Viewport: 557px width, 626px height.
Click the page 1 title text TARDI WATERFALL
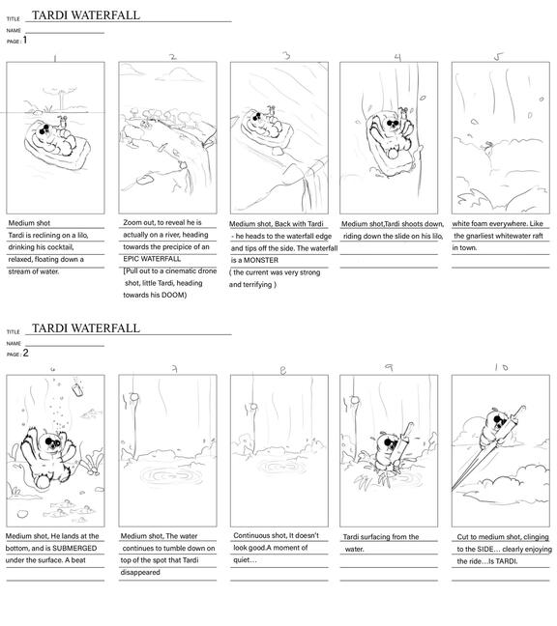(x=86, y=15)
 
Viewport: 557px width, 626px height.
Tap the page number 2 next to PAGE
(x=25, y=353)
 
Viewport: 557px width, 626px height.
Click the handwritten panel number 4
(x=397, y=57)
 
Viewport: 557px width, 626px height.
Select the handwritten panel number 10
(x=501, y=367)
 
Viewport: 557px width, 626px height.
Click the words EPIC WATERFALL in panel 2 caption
(x=152, y=259)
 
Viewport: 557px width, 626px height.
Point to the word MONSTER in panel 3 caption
(x=261, y=260)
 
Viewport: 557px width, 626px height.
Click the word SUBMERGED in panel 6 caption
(x=74, y=548)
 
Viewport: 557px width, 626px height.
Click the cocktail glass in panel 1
(x=63, y=121)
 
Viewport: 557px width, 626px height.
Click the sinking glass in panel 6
(x=77, y=389)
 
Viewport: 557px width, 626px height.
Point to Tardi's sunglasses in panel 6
(x=52, y=442)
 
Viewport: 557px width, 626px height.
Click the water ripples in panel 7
(x=171, y=476)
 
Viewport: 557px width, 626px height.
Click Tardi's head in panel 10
(x=497, y=421)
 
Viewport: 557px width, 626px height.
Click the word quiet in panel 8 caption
(x=243, y=560)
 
